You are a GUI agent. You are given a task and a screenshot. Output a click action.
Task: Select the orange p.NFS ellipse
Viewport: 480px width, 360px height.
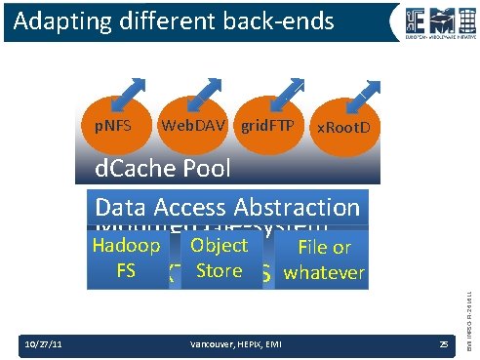coord(106,127)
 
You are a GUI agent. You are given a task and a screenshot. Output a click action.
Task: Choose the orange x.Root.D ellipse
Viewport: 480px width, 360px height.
coord(344,129)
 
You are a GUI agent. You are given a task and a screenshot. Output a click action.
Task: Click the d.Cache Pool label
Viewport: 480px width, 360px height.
coord(164,168)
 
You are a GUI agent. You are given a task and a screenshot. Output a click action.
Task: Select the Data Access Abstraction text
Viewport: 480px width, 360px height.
coord(228,207)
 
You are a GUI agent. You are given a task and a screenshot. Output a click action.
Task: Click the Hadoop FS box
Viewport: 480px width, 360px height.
coord(125,259)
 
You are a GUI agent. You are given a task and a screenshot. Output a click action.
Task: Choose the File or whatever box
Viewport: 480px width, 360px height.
coord(324,260)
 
